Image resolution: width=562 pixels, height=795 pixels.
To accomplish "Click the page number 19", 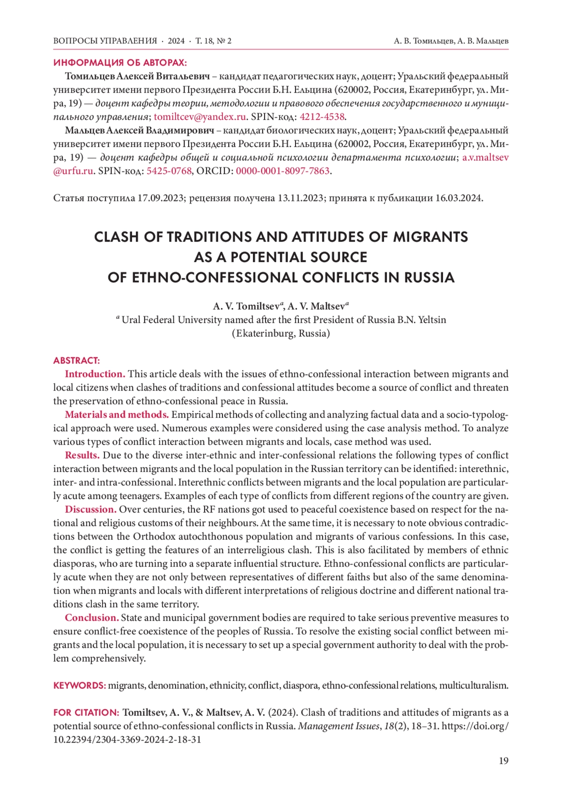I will tap(503, 761).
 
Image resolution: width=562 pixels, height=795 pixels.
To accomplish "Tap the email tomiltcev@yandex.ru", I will tap(200, 117).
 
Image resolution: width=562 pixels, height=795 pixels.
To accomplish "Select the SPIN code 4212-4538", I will tap(322, 117).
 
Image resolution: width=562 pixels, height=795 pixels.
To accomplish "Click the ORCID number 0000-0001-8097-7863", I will tap(283, 171).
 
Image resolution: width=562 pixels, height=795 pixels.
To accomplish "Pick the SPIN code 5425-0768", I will tap(169, 171).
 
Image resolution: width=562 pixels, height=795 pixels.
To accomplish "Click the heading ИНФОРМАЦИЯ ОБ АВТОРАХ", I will tap(120, 63).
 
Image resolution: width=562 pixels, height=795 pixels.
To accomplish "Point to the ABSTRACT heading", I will tap(76, 361).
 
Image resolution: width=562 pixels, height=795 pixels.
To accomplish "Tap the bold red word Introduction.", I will tap(95, 374).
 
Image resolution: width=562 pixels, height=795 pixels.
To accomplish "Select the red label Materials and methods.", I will tap(117, 415).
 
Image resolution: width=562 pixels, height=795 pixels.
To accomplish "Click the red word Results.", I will tap(82, 456).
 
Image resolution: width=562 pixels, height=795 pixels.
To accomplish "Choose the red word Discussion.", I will tap(90, 509).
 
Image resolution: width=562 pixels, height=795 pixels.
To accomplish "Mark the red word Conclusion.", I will tap(91, 618).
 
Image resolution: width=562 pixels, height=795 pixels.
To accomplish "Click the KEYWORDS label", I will tap(80, 685).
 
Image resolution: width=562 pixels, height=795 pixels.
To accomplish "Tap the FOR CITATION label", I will tap(86, 713).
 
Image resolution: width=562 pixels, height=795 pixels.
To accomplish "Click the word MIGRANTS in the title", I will tap(430, 237).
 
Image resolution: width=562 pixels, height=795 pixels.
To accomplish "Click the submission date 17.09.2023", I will tap(160, 198).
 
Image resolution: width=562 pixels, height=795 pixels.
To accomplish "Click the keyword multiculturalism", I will tap(473, 685).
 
